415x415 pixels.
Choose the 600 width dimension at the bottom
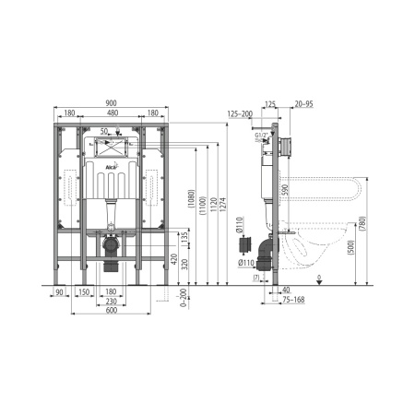coord(111,309)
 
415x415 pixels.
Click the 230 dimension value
coord(111,301)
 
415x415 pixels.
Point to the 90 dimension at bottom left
coord(59,291)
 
